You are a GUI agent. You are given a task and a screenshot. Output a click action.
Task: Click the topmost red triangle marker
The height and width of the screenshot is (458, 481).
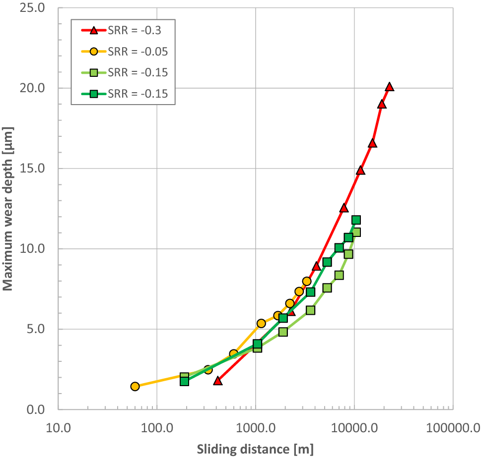point(389,87)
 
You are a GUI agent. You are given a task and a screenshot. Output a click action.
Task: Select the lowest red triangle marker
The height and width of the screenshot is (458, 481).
point(217,381)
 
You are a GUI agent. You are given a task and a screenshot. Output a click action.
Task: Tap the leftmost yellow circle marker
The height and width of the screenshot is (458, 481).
point(135,387)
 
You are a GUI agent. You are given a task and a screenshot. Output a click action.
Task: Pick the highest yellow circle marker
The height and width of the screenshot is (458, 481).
point(307,282)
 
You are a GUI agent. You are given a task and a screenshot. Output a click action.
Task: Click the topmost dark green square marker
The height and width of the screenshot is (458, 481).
point(356,220)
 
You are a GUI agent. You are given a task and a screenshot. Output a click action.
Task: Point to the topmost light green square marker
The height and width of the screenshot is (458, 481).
point(356,232)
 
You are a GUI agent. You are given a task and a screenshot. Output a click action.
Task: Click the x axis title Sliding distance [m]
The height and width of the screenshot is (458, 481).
point(255,449)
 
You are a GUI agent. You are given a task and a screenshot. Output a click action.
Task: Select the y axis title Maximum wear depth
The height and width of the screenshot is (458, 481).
point(8,209)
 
